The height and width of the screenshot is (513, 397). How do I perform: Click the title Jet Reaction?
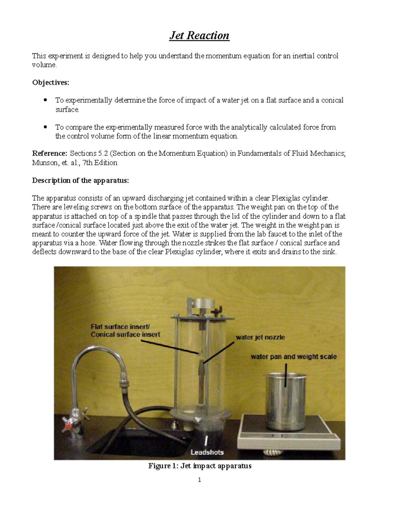click(199, 35)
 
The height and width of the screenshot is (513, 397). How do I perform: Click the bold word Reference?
click(50, 154)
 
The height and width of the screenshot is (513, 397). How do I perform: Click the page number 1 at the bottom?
click(199, 480)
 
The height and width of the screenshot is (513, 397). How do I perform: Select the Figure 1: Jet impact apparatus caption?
click(200, 466)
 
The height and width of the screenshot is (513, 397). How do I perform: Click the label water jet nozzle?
click(260, 337)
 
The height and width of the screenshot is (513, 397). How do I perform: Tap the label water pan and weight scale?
click(293, 356)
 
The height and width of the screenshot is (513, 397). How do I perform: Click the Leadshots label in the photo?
click(207, 452)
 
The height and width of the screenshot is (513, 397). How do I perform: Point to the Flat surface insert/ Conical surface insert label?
click(125, 330)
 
